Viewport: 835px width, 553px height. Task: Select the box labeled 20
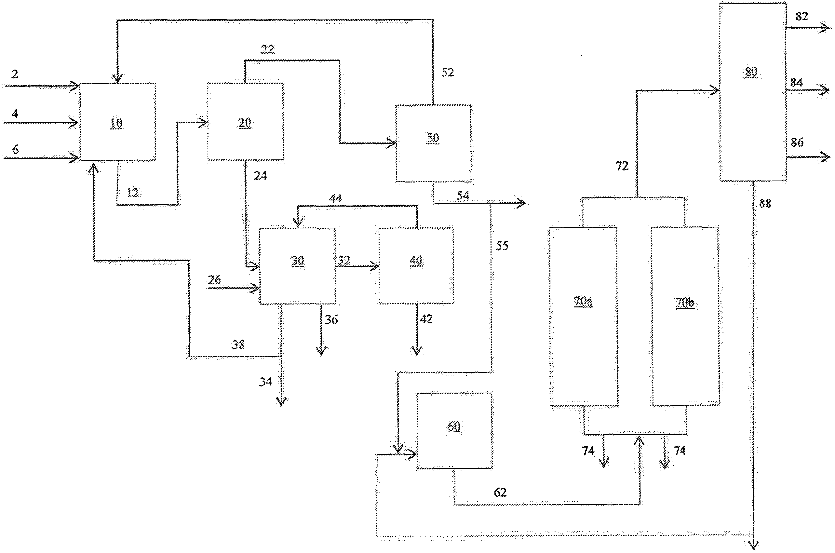pyautogui.click(x=245, y=122)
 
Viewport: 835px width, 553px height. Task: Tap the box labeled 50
pyautogui.click(x=433, y=143)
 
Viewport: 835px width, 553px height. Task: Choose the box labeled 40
pyautogui.click(x=416, y=265)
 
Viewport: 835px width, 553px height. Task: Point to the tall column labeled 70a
pyautogui.click(x=584, y=317)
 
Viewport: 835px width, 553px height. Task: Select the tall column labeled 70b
pyautogui.click(x=685, y=317)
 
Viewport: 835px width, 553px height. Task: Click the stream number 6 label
pyautogui.click(x=16, y=150)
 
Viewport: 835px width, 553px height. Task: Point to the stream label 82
pyautogui.click(x=801, y=16)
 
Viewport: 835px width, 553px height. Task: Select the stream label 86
pyautogui.click(x=797, y=142)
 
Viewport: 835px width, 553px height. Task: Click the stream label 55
pyautogui.click(x=502, y=246)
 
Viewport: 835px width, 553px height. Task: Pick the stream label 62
pyautogui.click(x=500, y=492)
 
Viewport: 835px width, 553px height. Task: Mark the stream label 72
pyautogui.click(x=622, y=166)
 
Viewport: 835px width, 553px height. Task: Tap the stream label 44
pyautogui.click(x=335, y=198)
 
